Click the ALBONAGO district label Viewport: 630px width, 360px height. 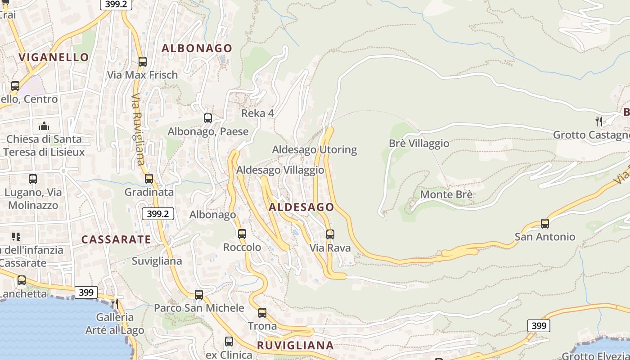[x=197, y=48]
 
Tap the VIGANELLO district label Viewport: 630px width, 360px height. [x=54, y=57]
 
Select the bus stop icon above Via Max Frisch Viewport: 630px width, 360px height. [x=143, y=62]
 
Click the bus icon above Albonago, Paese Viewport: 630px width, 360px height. [x=208, y=118]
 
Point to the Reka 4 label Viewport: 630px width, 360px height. [x=257, y=113]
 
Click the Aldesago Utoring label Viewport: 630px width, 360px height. [x=314, y=149]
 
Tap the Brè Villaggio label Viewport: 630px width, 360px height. [x=419, y=143]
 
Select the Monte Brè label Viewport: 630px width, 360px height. [x=446, y=194]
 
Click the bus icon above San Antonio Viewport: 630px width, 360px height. [x=545, y=223]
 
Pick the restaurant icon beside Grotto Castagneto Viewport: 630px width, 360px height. [x=598, y=121]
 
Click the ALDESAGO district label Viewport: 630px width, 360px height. [x=301, y=207]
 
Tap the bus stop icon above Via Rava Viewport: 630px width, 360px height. [x=330, y=234]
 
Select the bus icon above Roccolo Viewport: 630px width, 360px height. [x=242, y=234]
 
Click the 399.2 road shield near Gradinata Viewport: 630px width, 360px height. [x=157, y=214]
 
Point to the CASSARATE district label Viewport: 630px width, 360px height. [x=116, y=239]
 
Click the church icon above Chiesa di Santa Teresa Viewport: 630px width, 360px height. [x=44, y=126]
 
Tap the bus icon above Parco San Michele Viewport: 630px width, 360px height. [x=199, y=295]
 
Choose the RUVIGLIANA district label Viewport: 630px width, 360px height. [x=295, y=345]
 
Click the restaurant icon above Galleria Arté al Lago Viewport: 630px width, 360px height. [x=115, y=303]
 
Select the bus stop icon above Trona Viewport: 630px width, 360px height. [x=262, y=312]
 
